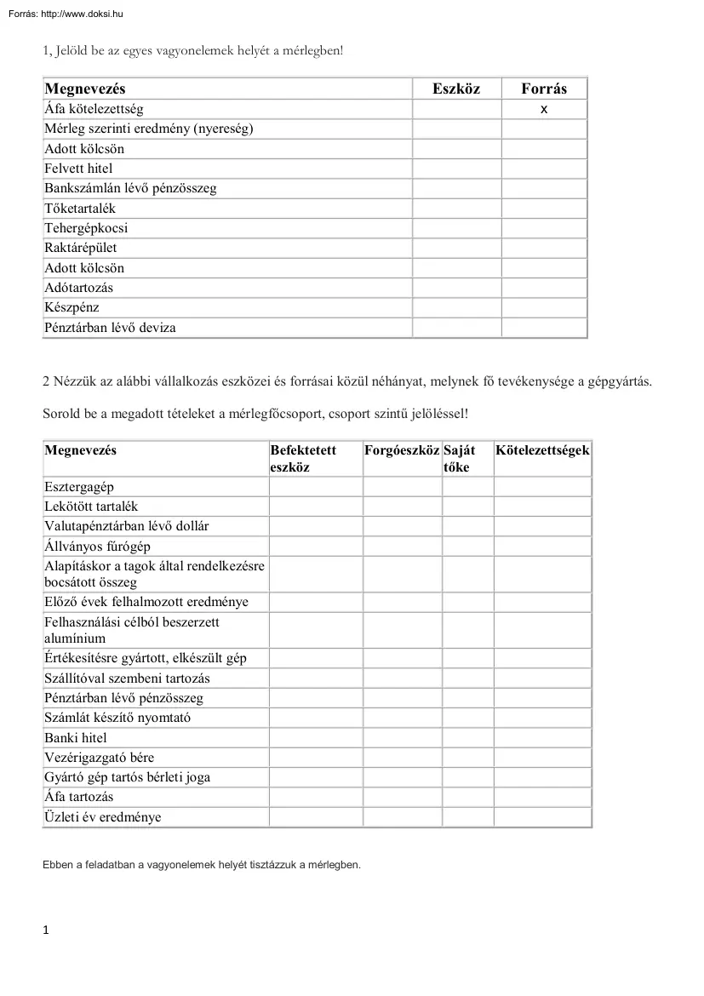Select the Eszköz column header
[456, 89]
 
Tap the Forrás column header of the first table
[544, 89]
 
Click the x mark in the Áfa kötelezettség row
[544, 109]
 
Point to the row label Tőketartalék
[80, 209]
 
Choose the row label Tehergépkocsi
[86, 228]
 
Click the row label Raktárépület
[81, 248]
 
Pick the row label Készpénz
[72, 307]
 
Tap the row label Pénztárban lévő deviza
[110, 327]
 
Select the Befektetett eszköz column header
[303, 458]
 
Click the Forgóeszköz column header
[402, 450]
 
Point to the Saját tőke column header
[460, 458]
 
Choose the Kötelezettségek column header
[542, 450]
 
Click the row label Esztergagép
[79, 487]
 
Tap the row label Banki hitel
[76, 738]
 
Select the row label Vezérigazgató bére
[100, 758]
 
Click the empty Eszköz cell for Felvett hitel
[456, 169]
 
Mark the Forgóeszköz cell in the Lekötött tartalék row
[402, 507]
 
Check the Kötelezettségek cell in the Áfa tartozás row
[542, 798]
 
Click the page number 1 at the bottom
[46, 930]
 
